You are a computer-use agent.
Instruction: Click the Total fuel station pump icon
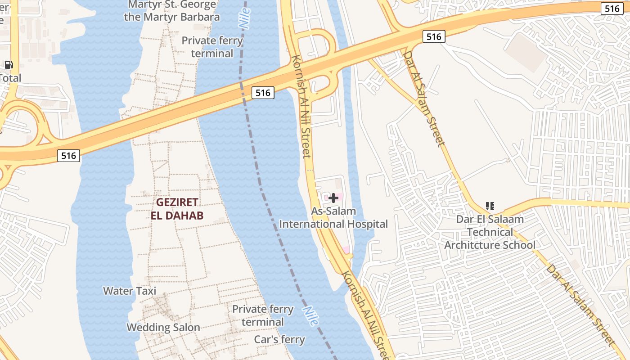[x=9, y=65]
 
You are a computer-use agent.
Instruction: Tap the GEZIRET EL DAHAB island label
[x=177, y=208]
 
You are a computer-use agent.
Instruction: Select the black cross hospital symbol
[x=333, y=198]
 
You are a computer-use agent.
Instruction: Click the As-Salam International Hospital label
[x=333, y=217]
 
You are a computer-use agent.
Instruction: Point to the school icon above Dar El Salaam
[x=490, y=206]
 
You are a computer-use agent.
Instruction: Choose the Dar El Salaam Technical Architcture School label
[x=490, y=232]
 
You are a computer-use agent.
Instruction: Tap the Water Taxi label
[x=130, y=291]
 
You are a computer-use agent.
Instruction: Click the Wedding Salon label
[x=163, y=327]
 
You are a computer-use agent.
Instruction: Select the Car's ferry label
[x=279, y=339]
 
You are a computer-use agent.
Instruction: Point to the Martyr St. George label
[x=172, y=5]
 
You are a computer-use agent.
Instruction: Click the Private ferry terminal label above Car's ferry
[x=263, y=315]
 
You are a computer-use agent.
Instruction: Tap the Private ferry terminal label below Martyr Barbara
[x=212, y=47]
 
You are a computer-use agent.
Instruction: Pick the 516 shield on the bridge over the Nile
[x=263, y=93]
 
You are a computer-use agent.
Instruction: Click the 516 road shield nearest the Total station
[x=69, y=156]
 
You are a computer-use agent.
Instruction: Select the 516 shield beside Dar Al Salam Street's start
[x=434, y=36]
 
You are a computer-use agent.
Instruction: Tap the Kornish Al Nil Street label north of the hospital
[x=301, y=107]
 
